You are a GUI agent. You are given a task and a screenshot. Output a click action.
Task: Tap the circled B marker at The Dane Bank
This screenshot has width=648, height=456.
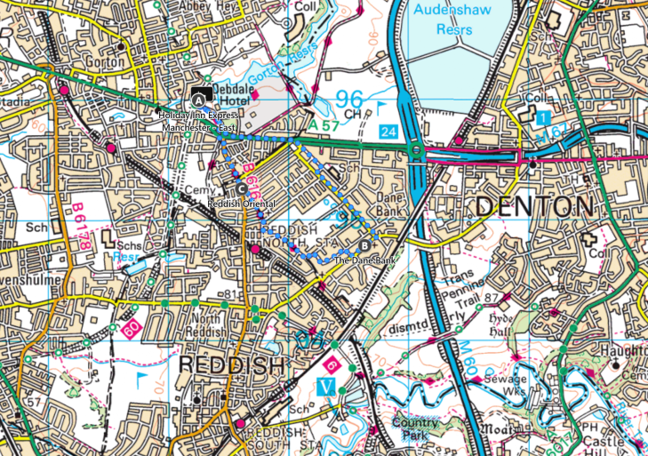(364, 245)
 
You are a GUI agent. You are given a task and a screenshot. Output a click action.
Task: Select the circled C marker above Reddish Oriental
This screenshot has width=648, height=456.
(242, 188)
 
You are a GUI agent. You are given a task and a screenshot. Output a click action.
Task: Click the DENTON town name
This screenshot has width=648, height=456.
(533, 207)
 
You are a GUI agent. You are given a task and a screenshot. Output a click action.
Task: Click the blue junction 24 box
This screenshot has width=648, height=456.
(388, 132)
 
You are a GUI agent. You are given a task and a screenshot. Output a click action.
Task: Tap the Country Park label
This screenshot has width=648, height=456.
(415, 429)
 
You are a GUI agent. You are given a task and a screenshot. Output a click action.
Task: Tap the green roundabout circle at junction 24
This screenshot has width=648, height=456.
(416, 152)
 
